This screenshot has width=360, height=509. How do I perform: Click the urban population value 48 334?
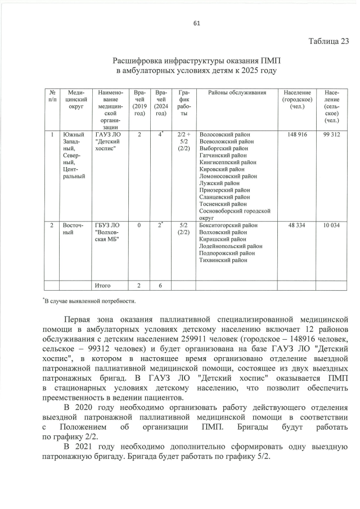297,225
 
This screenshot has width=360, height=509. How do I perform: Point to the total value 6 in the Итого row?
160,286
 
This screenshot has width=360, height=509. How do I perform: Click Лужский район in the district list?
219,183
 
